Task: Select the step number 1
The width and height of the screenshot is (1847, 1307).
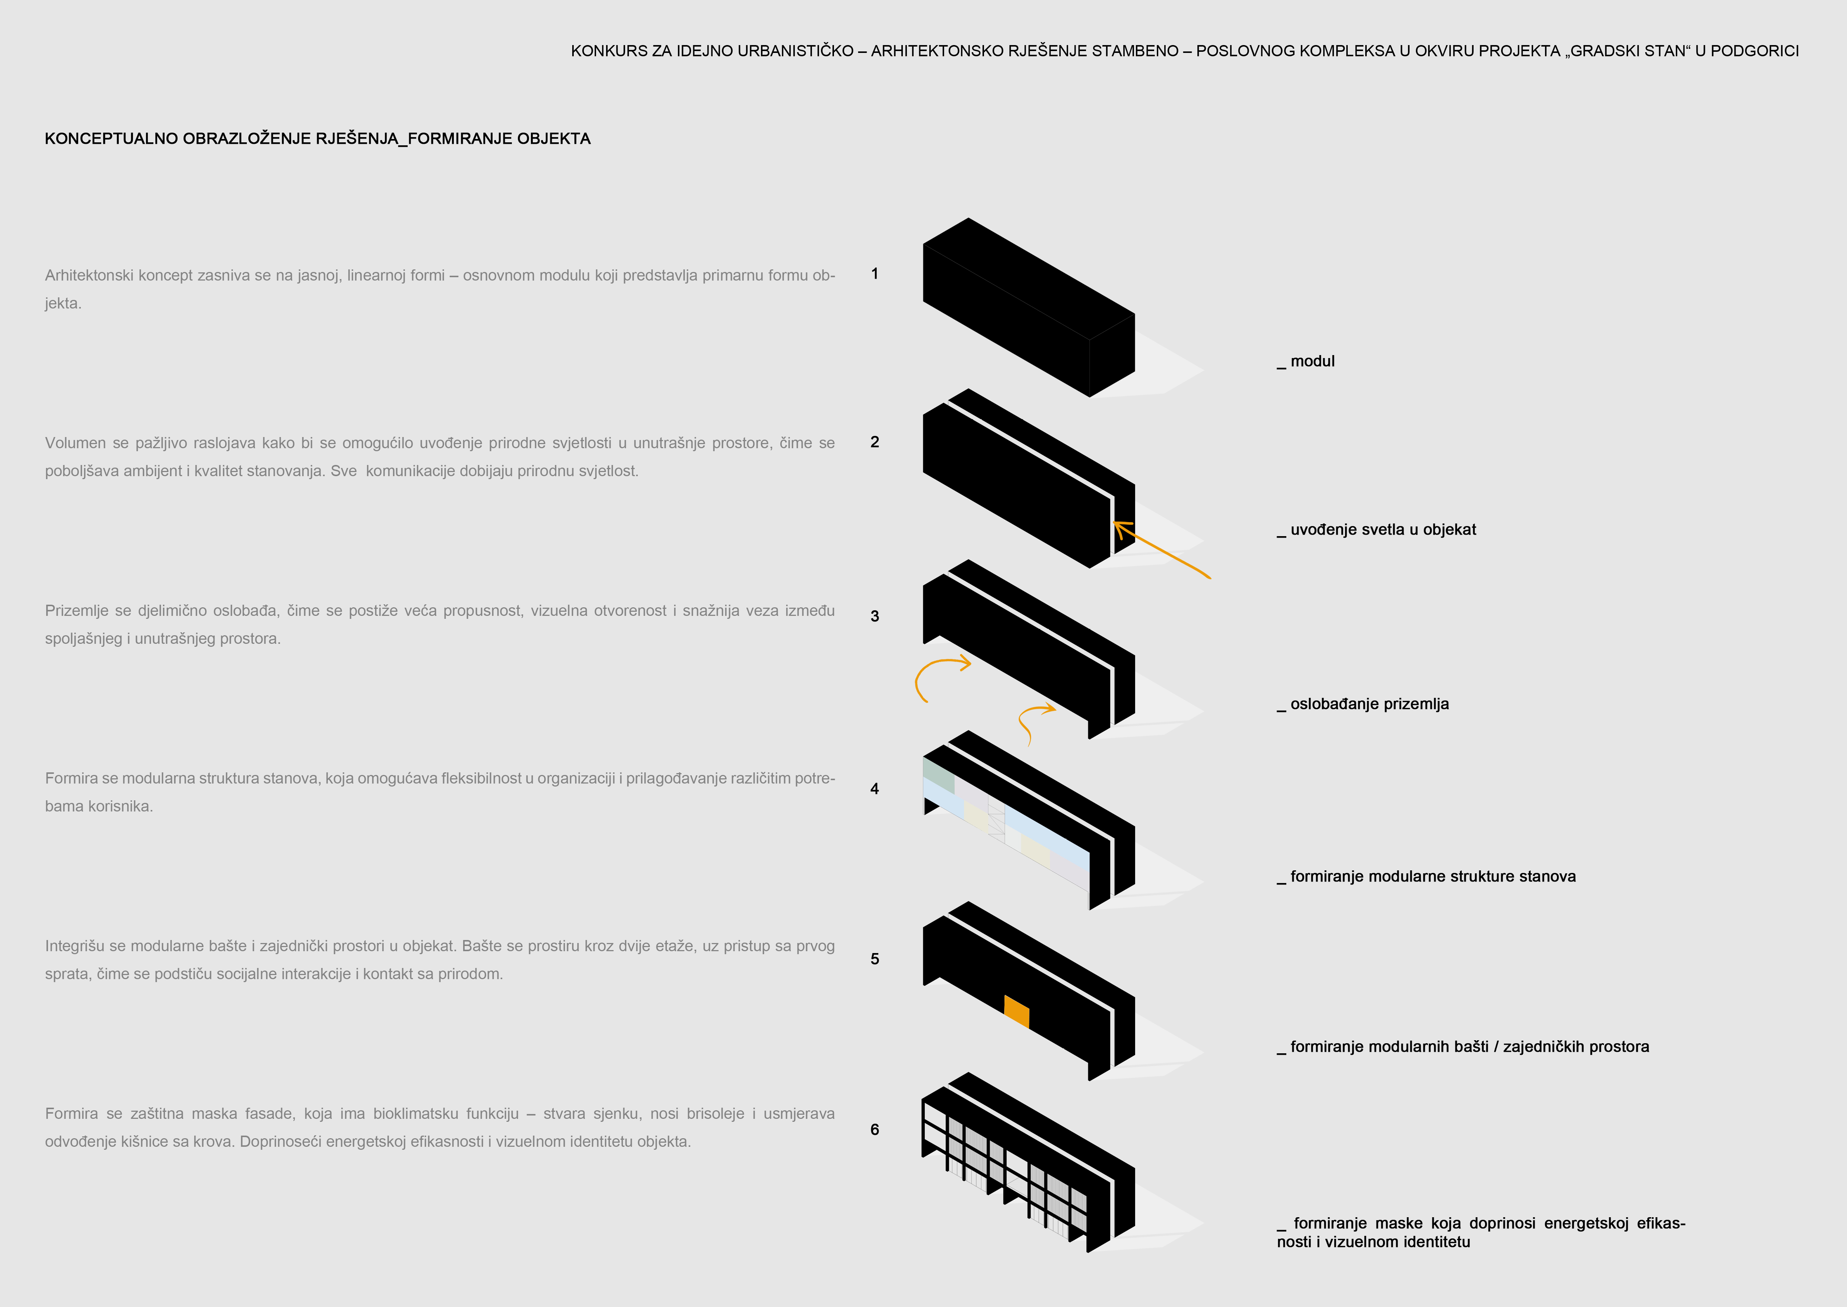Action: point(875,273)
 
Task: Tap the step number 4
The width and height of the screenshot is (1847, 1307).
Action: point(875,789)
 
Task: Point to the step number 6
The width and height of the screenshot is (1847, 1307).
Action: point(875,1129)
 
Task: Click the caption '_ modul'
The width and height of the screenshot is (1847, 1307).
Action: point(1306,361)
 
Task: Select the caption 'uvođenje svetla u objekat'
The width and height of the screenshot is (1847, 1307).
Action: point(1383,529)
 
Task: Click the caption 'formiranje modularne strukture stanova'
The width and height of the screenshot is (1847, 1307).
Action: point(1433,876)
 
